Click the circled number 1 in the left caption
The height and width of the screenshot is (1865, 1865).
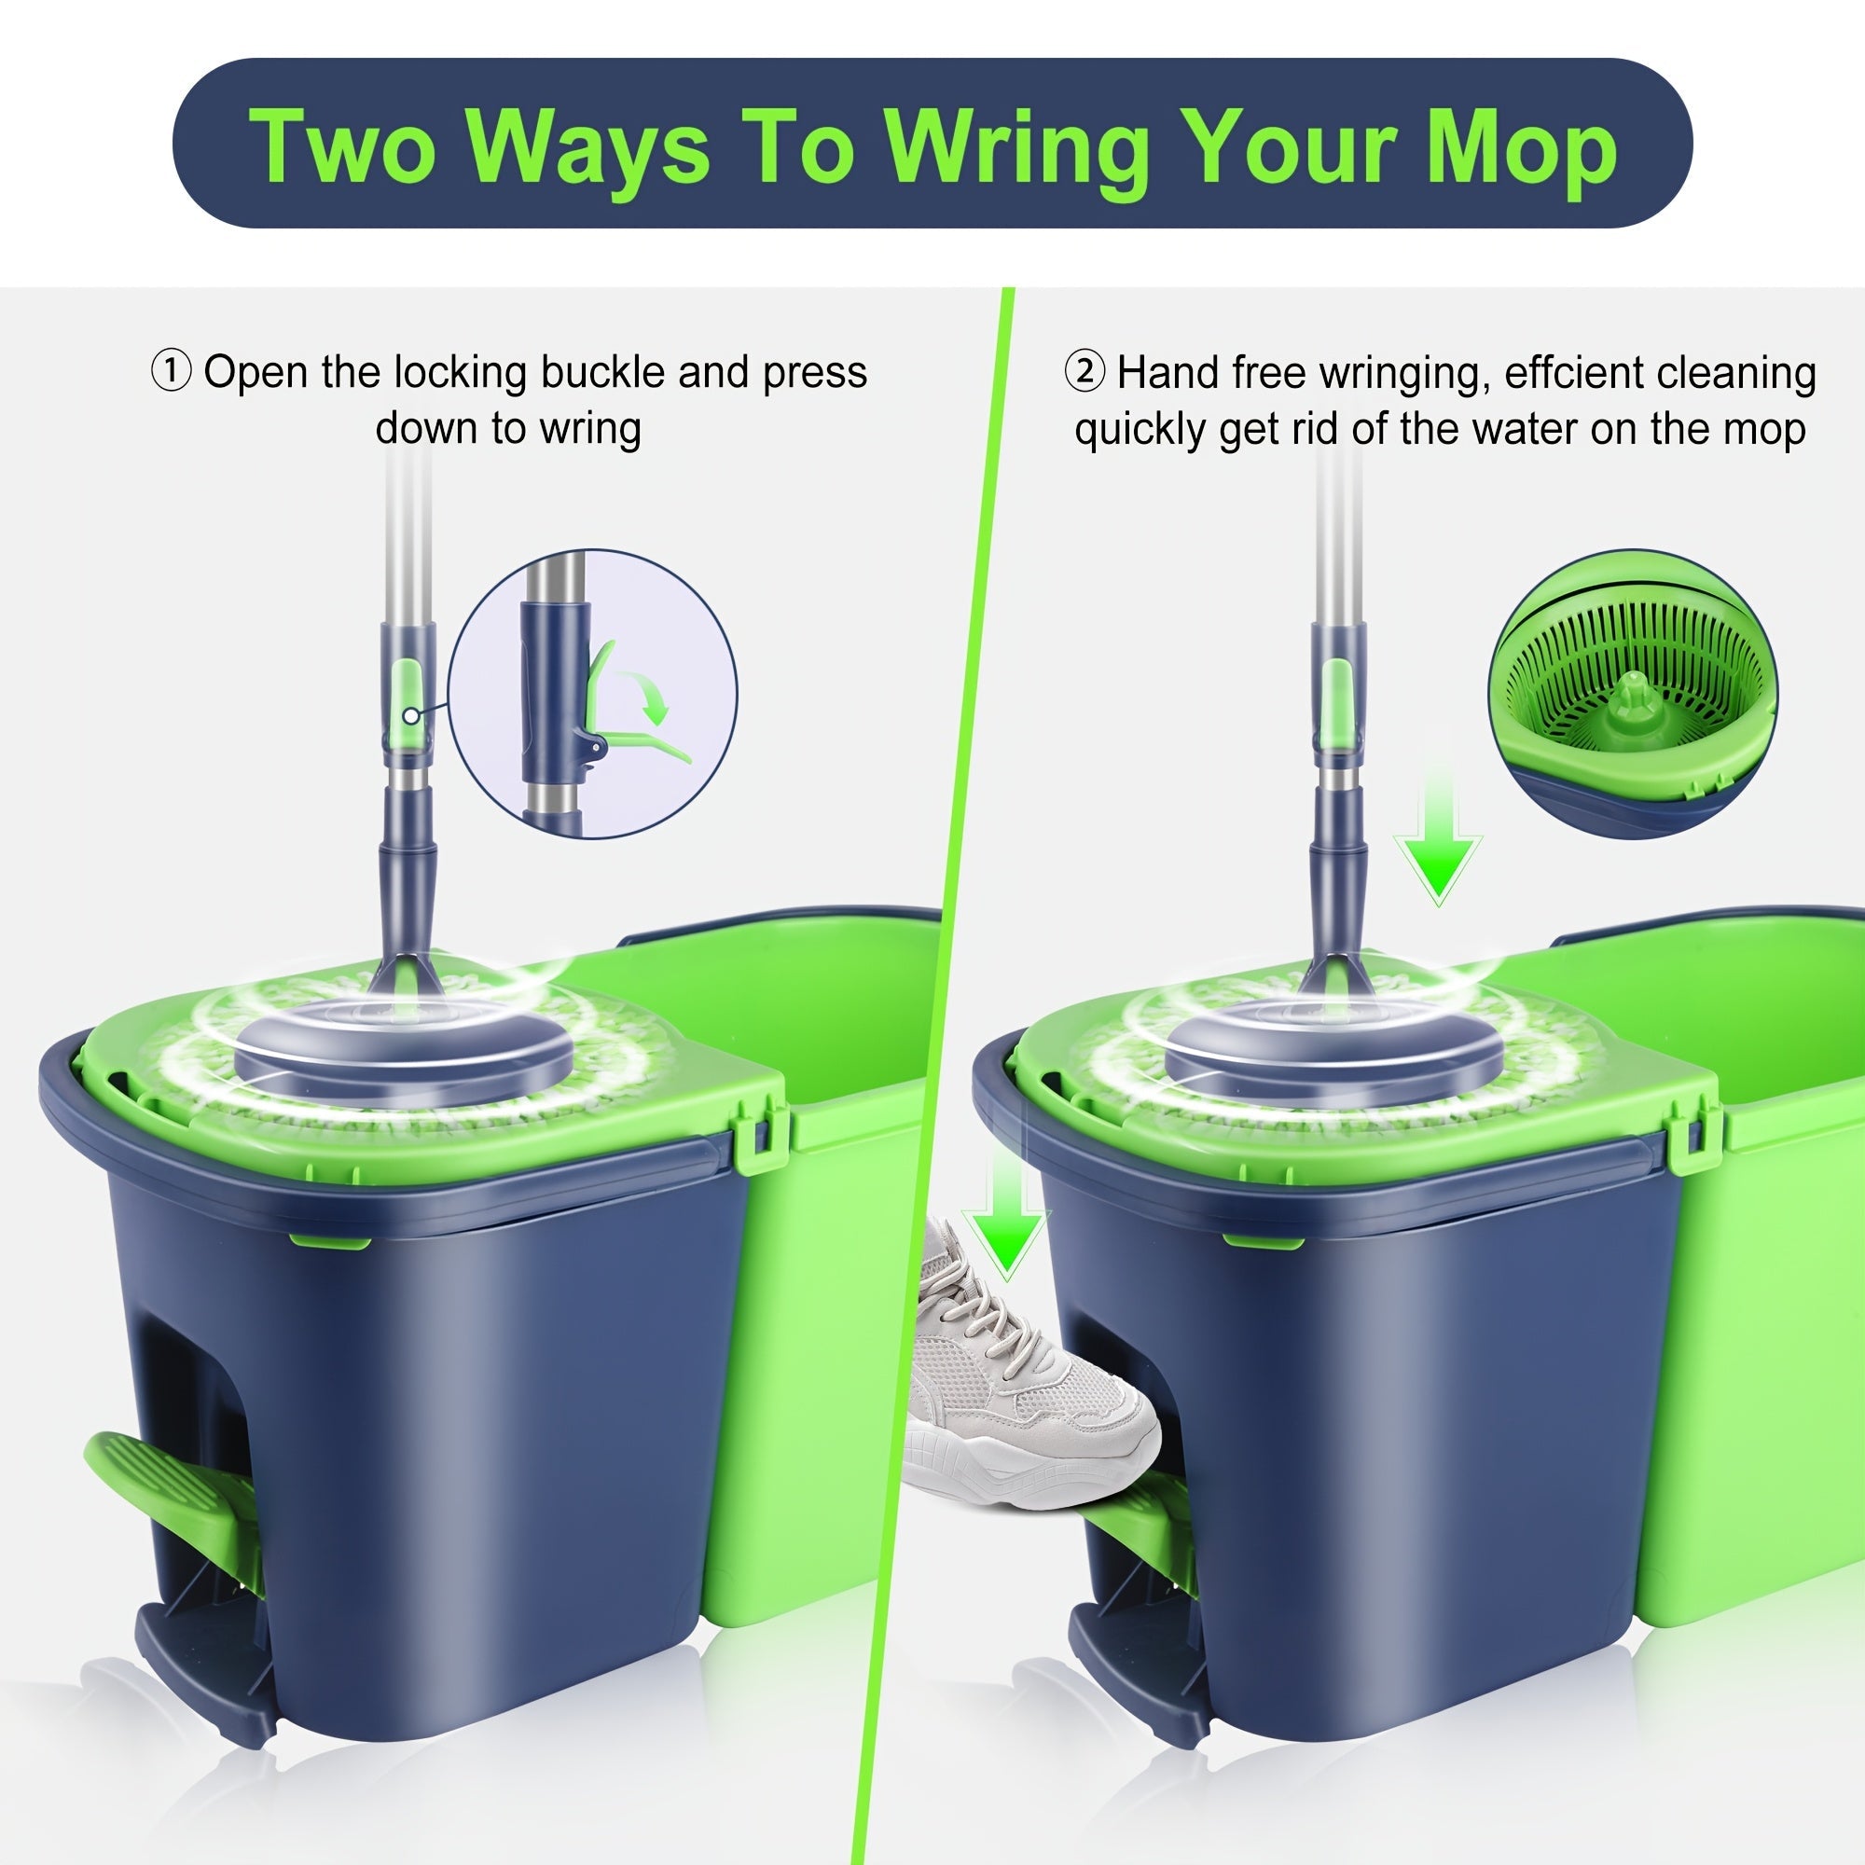tap(172, 372)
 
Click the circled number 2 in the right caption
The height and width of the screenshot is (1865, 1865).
tap(1084, 372)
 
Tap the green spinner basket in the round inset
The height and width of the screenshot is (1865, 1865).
tap(1631, 676)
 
